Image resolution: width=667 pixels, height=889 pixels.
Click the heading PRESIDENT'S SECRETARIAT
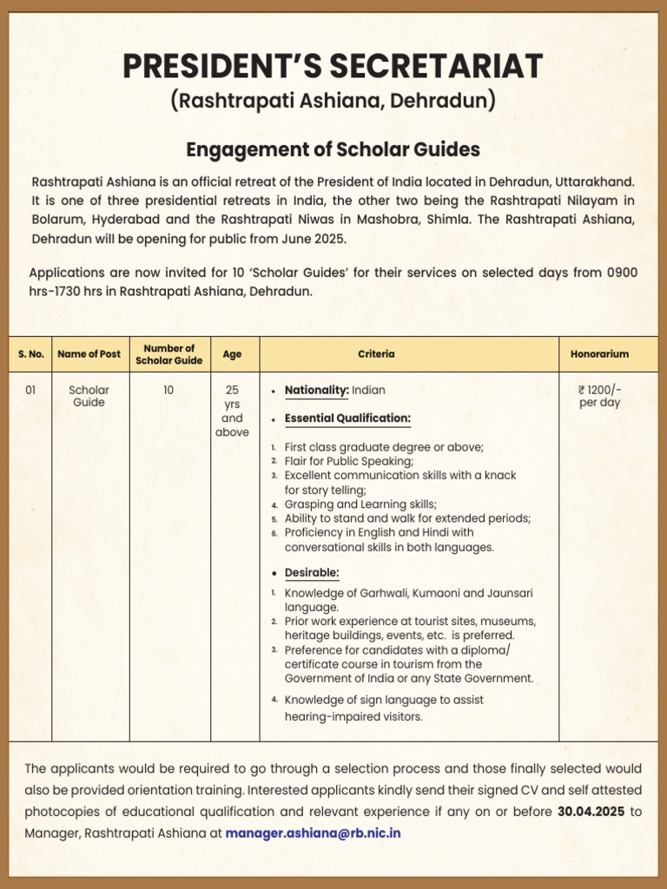tap(333, 66)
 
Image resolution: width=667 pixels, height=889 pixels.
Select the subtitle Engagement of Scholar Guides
tap(333, 149)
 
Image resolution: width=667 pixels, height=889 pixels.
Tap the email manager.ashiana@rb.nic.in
tap(313, 833)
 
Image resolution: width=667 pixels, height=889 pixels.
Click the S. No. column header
tap(30, 354)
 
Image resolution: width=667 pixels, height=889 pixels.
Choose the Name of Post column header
tap(89, 354)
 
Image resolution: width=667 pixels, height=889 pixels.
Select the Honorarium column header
tap(599, 354)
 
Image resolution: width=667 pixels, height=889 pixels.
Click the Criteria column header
tap(376, 354)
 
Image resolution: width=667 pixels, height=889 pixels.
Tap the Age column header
tap(232, 354)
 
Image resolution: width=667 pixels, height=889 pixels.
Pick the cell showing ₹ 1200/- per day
tap(599, 397)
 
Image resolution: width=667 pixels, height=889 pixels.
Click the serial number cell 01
tap(30, 391)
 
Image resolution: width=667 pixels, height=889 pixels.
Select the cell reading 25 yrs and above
tap(232, 412)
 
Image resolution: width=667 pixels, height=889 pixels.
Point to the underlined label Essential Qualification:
tap(347, 418)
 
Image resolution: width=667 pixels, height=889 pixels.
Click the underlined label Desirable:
tap(312, 574)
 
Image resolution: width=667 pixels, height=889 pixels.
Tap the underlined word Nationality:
tap(316, 391)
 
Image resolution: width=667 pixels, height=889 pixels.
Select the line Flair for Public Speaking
tap(349, 461)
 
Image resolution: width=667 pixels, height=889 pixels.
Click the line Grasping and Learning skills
tap(360, 504)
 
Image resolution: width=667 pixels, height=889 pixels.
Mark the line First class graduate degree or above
tap(384, 447)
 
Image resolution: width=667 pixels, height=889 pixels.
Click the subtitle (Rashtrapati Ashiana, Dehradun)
tap(333, 101)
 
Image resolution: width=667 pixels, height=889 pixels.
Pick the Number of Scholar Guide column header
tap(168, 354)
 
